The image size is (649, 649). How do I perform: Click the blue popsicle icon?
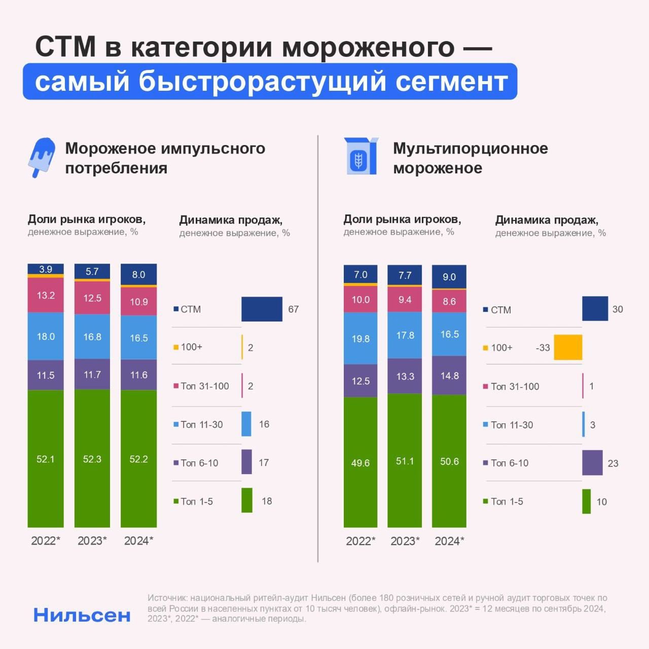[x=41, y=156]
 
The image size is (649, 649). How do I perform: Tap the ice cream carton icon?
[x=360, y=156]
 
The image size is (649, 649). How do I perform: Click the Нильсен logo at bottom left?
[x=82, y=615]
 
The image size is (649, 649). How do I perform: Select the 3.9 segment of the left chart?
[x=46, y=269]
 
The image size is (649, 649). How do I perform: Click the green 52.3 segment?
[x=92, y=458]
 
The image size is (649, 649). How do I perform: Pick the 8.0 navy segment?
[x=138, y=274]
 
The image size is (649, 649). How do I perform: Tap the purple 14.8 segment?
[x=449, y=375]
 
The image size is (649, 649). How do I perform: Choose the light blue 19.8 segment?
[x=360, y=338]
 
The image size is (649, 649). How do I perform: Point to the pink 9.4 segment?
[x=405, y=300]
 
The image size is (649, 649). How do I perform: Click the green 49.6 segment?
[x=360, y=462]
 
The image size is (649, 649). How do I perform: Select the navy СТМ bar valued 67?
[x=262, y=309]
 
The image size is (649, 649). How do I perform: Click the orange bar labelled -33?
[x=568, y=347]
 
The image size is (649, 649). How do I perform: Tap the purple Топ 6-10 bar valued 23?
[x=592, y=462]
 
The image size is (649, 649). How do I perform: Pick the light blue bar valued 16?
[x=246, y=424]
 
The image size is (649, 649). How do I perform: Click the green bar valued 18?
[x=247, y=500]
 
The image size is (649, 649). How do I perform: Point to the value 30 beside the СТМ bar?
[x=618, y=309]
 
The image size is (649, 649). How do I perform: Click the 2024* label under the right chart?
[x=449, y=541]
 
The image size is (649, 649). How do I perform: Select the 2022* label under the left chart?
[x=46, y=540]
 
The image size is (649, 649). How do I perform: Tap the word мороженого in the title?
[x=368, y=47]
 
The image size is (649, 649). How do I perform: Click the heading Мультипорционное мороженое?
[x=470, y=158]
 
